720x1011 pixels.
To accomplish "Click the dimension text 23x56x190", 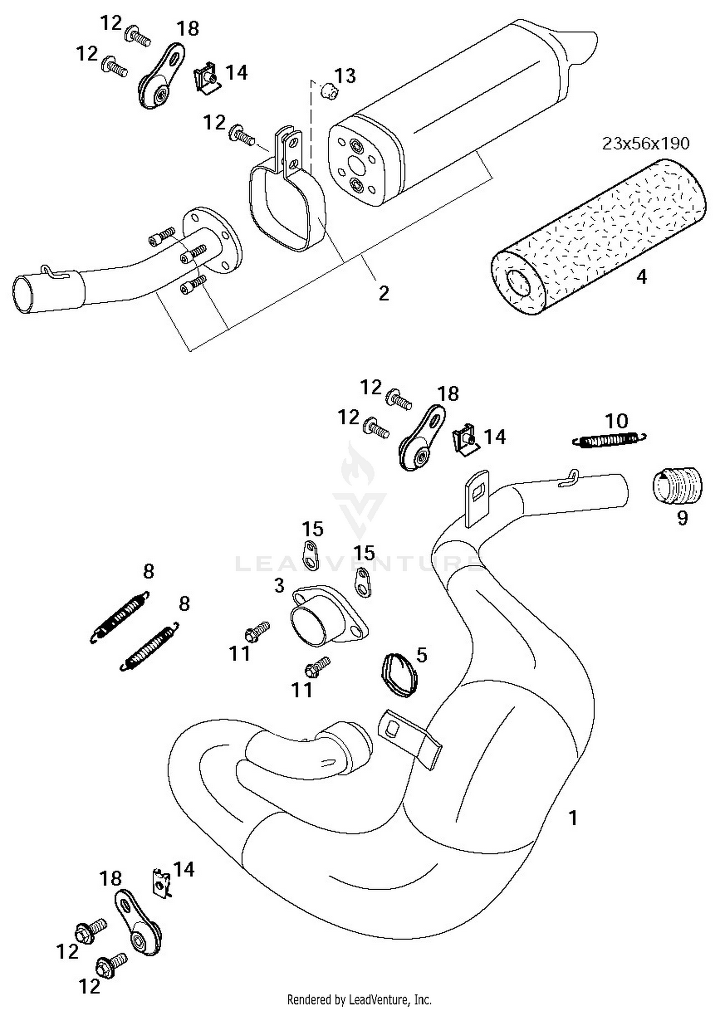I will [645, 143].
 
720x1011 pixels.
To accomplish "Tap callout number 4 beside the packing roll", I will [641, 277].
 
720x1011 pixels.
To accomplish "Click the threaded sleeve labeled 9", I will [677, 485].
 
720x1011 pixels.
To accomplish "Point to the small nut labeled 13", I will [327, 90].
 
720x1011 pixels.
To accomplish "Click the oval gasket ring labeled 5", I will [399, 675].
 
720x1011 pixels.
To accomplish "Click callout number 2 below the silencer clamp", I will [384, 293].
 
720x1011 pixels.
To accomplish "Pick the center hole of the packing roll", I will [519, 283].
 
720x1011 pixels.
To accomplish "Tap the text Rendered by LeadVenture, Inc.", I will [359, 999].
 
